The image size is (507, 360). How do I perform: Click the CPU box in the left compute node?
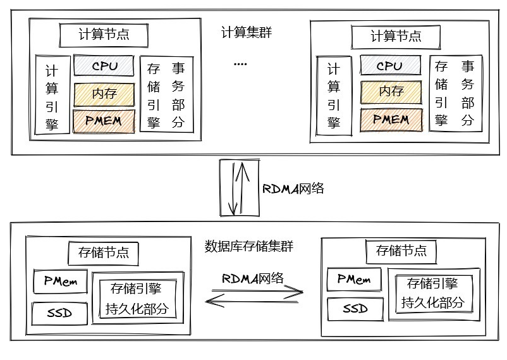tap(105, 65)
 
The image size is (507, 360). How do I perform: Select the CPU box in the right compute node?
tap(389, 65)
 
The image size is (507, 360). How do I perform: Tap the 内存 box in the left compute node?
tap(105, 94)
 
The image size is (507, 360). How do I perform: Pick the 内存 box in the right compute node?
tap(391, 91)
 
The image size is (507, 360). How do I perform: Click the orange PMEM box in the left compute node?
tap(105, 121)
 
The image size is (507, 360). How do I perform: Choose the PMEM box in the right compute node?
tap(391, 119)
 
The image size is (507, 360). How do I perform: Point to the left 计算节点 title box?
tap(104, 34)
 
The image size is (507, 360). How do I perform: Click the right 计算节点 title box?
tap(396, 35)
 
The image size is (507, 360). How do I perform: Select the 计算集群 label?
tap(247, 33)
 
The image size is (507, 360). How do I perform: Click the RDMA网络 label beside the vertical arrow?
tap(293, 188)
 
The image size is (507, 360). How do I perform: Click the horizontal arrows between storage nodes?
tap(254, 295)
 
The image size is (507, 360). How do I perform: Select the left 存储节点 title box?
tap(103, 252)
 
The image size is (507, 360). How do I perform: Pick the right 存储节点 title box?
tap(401, 250)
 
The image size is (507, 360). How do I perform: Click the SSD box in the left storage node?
tap(60, 313)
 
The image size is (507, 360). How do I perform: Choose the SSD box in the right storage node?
tap(355, 309)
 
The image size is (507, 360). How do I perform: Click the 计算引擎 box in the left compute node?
tap(52, 96)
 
